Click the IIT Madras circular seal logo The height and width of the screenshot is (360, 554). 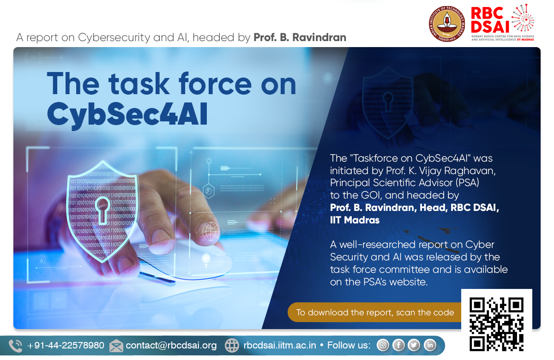(x=447, y=24)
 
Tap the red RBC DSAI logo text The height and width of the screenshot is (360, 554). (x=490, y=20)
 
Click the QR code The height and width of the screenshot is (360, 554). (x=496, y=324)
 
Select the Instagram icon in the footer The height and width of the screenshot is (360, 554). (x=383, y=345)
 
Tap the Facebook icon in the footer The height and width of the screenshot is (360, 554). (x=398, y=345)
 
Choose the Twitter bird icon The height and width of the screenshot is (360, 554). (x=414, y=345)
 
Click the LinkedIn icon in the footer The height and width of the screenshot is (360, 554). (x=430, y=345)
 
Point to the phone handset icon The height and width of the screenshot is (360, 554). (x=15, y=346)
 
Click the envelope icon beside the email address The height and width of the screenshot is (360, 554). (x=116, y=346)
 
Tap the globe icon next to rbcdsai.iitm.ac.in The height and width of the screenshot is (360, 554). (x=232, y=345)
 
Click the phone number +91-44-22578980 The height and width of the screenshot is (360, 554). (x=66, y=345)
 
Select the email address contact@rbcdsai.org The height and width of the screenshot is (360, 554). (x=171, y=345)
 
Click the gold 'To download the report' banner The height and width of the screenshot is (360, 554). (x=375, y=312)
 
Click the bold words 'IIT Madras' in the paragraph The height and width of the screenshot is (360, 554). (x=355, y=220)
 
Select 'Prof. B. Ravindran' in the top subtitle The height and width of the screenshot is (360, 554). (x=300, y=37)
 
